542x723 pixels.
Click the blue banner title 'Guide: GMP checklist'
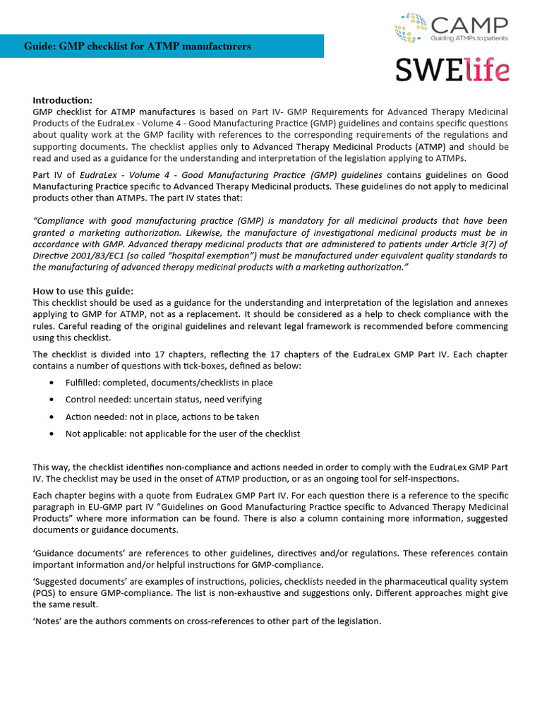138,47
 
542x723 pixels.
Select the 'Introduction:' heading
63,100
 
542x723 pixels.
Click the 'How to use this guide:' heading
83,291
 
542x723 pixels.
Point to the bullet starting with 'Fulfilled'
169,383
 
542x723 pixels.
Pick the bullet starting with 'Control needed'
163,400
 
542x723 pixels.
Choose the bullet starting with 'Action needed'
162,417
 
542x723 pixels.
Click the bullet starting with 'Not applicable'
182,434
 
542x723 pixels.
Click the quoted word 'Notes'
48,621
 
